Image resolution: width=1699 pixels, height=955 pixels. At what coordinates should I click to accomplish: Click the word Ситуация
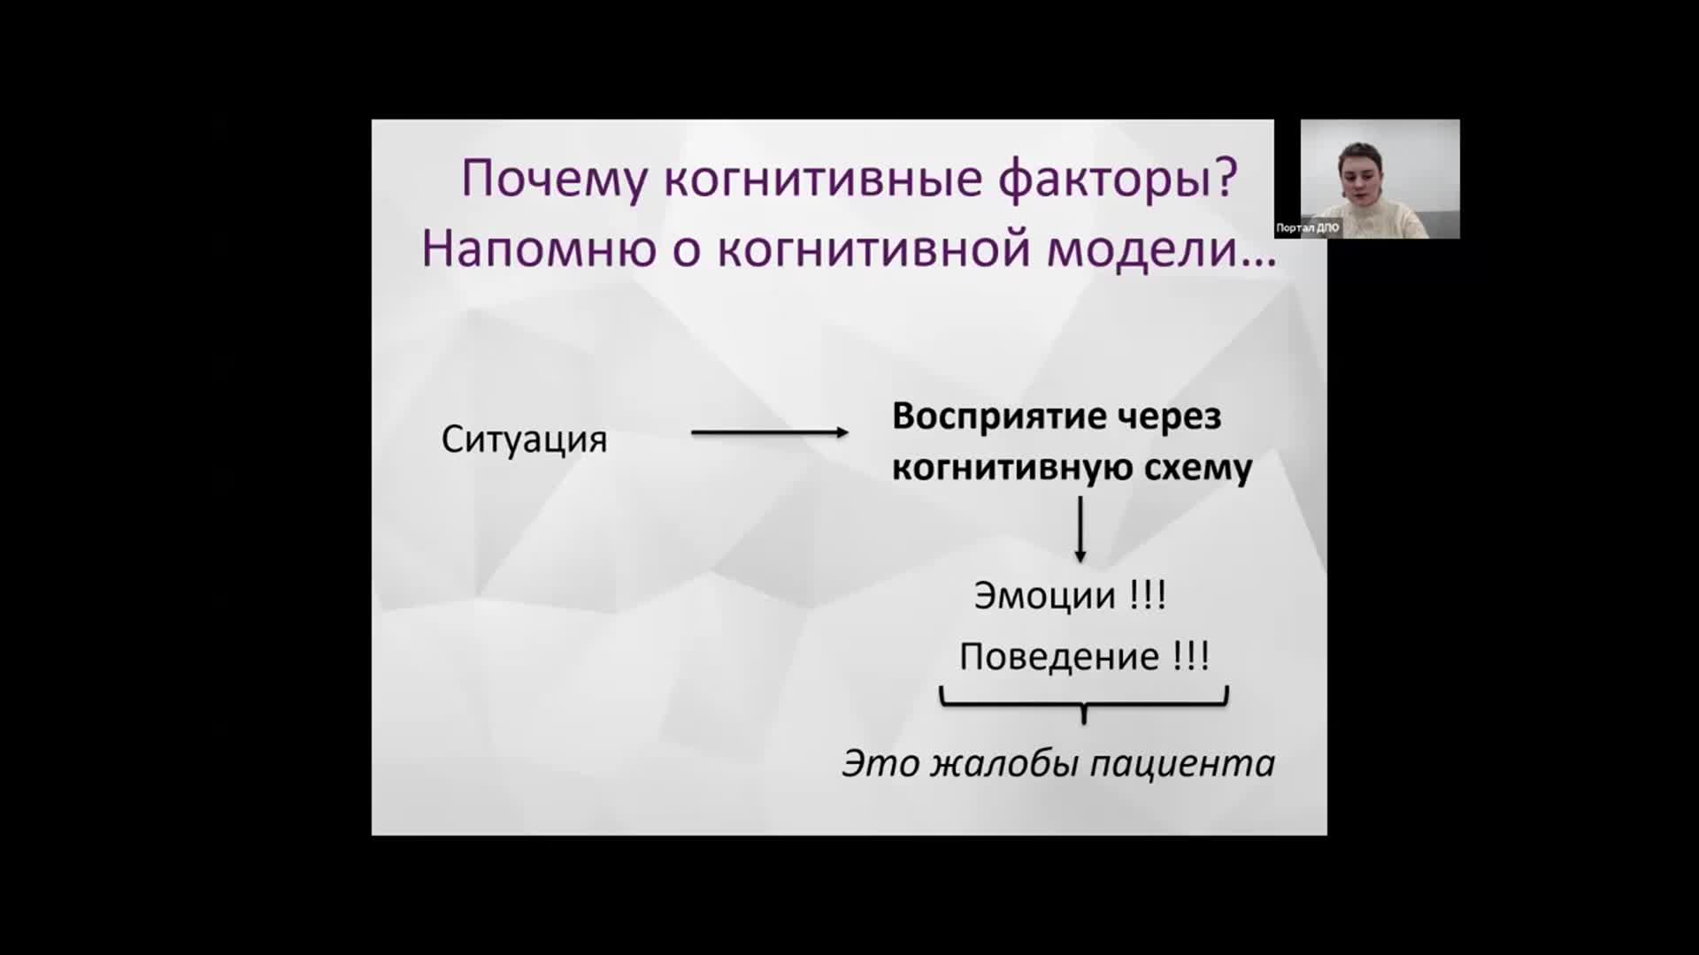click(525, 439)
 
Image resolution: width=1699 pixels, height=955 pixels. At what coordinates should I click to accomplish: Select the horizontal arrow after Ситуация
click(770, 432)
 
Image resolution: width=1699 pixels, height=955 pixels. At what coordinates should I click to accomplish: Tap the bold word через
click(1169, 417)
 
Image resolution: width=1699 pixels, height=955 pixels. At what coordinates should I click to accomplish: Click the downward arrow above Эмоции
click(1080, 530)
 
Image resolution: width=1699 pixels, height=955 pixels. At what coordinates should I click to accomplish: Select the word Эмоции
click(1045, 596)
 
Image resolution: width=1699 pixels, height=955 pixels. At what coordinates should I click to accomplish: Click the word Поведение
click(1059, 657)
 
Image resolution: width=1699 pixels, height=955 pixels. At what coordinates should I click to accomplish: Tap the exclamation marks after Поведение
click(1191, 657)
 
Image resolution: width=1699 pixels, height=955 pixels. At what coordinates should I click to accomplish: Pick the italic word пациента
click(1182, 764)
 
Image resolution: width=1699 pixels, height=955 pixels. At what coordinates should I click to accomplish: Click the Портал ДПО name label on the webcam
click(1308, 228)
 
